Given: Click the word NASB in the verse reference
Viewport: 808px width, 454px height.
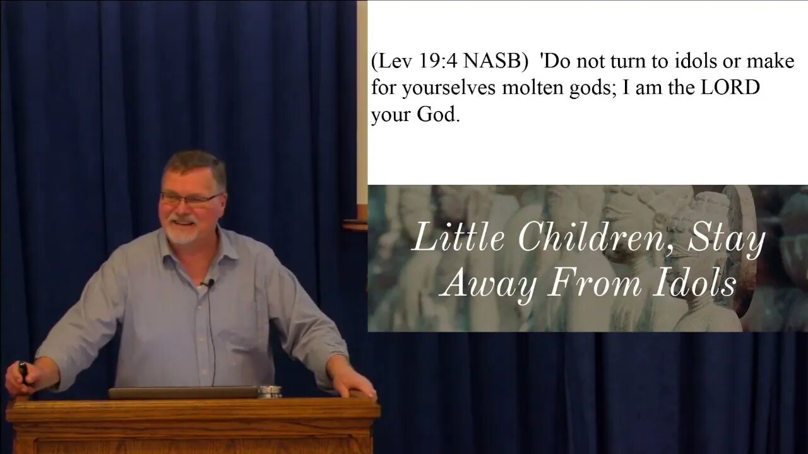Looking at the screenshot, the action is click(x=492, y=62).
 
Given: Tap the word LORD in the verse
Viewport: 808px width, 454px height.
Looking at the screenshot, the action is click(x=730, y=88).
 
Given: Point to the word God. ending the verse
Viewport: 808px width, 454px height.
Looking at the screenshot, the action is click(x=438, y=115).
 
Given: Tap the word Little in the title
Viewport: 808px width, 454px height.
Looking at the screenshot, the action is click(x=459, y=238).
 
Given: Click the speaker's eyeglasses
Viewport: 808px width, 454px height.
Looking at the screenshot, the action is click(x=191, y=199).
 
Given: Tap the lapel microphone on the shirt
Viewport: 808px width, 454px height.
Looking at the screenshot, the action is click(x=208, y=284).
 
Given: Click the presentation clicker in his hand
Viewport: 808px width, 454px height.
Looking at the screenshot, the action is click(x=23, y=372).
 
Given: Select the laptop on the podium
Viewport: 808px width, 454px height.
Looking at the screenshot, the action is click(x=183, y=392).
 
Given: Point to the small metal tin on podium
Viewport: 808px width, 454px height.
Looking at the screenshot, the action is click(x=270, y=392).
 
